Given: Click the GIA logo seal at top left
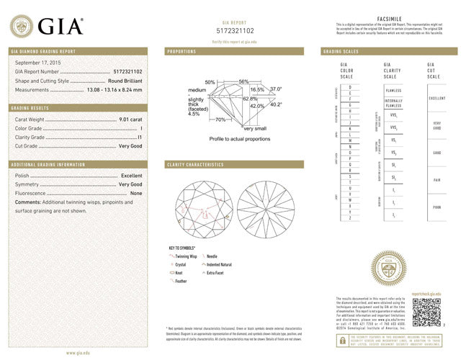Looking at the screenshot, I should tap(21, 27).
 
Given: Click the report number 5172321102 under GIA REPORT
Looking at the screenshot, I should tap(235, 32).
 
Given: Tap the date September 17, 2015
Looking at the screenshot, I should tap(37, 63).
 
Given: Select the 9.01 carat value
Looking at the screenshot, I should tap(132, 119).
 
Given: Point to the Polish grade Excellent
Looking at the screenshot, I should tap(131, 176).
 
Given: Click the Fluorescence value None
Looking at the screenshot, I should tap(136, 194).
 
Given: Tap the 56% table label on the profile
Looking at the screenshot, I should tap(243, 81).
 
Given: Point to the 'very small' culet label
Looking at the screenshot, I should tap(254, 128).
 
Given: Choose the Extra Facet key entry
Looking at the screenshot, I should tap(217, 273).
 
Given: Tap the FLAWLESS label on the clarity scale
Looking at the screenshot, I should tap(393, 91).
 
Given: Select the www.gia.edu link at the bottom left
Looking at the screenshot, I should tap(78, 353).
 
